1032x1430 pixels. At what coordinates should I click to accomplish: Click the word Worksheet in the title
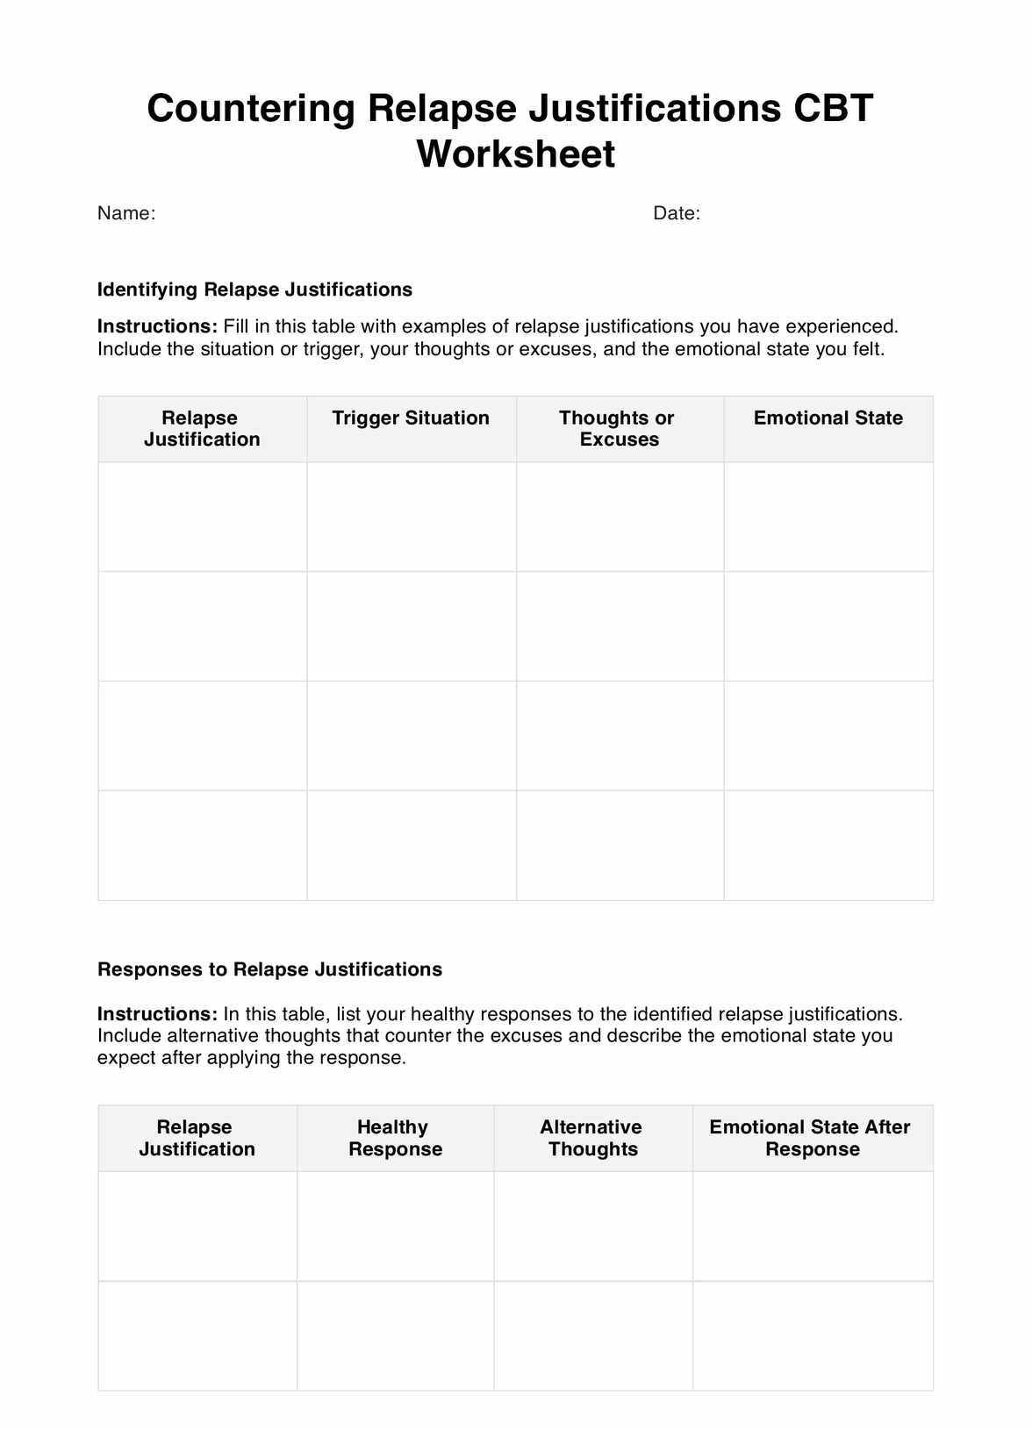tap(515, 154)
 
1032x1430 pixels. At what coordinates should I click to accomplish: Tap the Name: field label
tap(126, 213)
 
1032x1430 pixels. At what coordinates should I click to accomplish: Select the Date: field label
tap(677, 213)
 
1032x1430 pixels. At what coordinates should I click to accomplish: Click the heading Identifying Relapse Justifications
tap(254, 290)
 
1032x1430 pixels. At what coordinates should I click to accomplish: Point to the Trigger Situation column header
tap(411, 418)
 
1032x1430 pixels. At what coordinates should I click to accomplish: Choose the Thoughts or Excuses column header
tap(618, 429)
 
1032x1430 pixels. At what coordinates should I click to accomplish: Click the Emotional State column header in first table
tap(828, 418)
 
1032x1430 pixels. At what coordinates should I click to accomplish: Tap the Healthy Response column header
tap(395, 1138)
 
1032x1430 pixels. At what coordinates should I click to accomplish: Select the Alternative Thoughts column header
tap(591, 1138)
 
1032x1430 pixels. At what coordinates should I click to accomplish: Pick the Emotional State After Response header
tap(811, 1138)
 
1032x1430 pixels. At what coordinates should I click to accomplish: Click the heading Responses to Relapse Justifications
tap(269, 969)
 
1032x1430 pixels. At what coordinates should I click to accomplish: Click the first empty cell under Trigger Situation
tap(411, 517)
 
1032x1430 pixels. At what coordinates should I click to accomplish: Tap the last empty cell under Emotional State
tap(828, 845)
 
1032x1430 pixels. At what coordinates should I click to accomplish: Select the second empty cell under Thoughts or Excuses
tap(620, 626)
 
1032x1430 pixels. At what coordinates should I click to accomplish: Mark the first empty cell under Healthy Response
tap(395, 1226)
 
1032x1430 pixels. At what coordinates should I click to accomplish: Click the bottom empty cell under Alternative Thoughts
tap(592, 1335)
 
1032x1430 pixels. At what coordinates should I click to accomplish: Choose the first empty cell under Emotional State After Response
tap(812, 1226)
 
